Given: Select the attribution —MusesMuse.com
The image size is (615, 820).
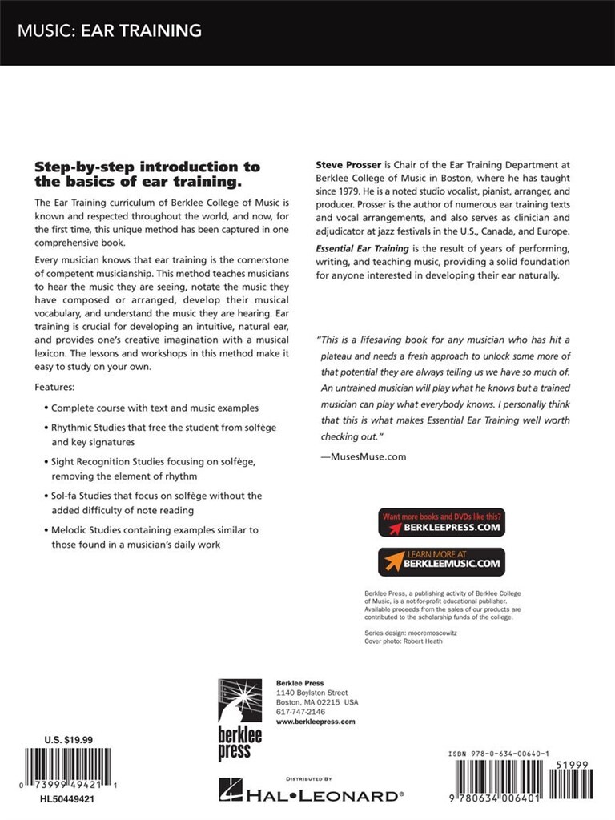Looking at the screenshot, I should pyautogui.click(x=363, y=456).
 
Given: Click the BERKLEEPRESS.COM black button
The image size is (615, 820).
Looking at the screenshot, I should pyautogui.click(x=441, y=522).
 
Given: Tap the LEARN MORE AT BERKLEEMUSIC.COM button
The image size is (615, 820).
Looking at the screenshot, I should pyautogui.click(x=441, y=561).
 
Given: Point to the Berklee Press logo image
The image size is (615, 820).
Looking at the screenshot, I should pyautogui.click(x=241, y=717).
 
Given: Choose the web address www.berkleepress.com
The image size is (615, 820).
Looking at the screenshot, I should pyautogui.click(x=315, y=721).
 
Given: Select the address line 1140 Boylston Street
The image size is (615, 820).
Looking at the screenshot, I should pyautogui.click(x=312, y=692).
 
